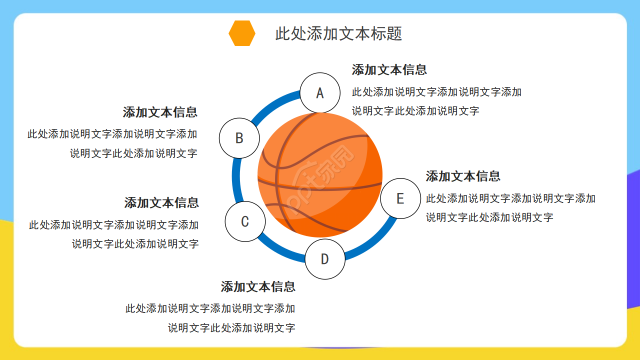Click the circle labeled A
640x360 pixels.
pos(320,93)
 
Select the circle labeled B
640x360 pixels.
pos(239,138)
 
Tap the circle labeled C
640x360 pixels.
pos(245,221)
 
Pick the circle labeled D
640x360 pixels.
pos(325,259)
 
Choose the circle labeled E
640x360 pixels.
pos(400,198)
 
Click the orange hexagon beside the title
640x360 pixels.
pos(242,33)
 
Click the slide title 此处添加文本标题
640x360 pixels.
pos(338,33)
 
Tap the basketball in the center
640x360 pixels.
pos(320,175)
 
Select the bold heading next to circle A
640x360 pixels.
pos(389,70)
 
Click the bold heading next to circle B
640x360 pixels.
pos(160,112)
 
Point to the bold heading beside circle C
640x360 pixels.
pos(161,203)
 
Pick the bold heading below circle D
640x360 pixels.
pos(258,287)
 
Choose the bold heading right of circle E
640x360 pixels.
pos(463,176)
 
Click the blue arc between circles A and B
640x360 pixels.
pos(274,102)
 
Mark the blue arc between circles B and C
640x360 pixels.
pos(236,180)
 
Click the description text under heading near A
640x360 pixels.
pos(436,101)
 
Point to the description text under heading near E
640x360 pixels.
pos(510,208)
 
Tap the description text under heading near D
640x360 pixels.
pos(210,318)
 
